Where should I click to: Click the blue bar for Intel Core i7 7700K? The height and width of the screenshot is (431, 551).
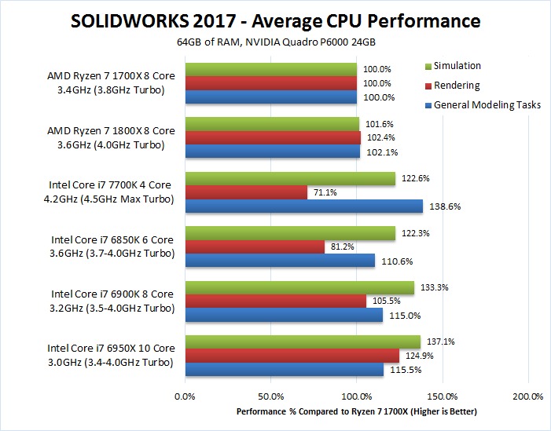point(303,206)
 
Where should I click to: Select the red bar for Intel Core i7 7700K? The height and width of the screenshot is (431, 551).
point(246,192)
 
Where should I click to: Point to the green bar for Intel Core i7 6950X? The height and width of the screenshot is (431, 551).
point(303,342)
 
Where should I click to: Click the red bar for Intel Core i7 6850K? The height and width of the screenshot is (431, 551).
point(255,247)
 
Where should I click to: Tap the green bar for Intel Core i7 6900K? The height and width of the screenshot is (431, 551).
point(299,287)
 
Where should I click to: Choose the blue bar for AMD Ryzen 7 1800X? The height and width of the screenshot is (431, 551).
point(272,152)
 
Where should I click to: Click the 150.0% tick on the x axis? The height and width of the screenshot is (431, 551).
point(443,396)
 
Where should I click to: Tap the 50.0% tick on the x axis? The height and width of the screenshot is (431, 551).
point(271,396)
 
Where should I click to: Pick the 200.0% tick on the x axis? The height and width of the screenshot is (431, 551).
point(528,396)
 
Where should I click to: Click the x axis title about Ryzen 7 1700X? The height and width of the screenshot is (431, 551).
point(356,411)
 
